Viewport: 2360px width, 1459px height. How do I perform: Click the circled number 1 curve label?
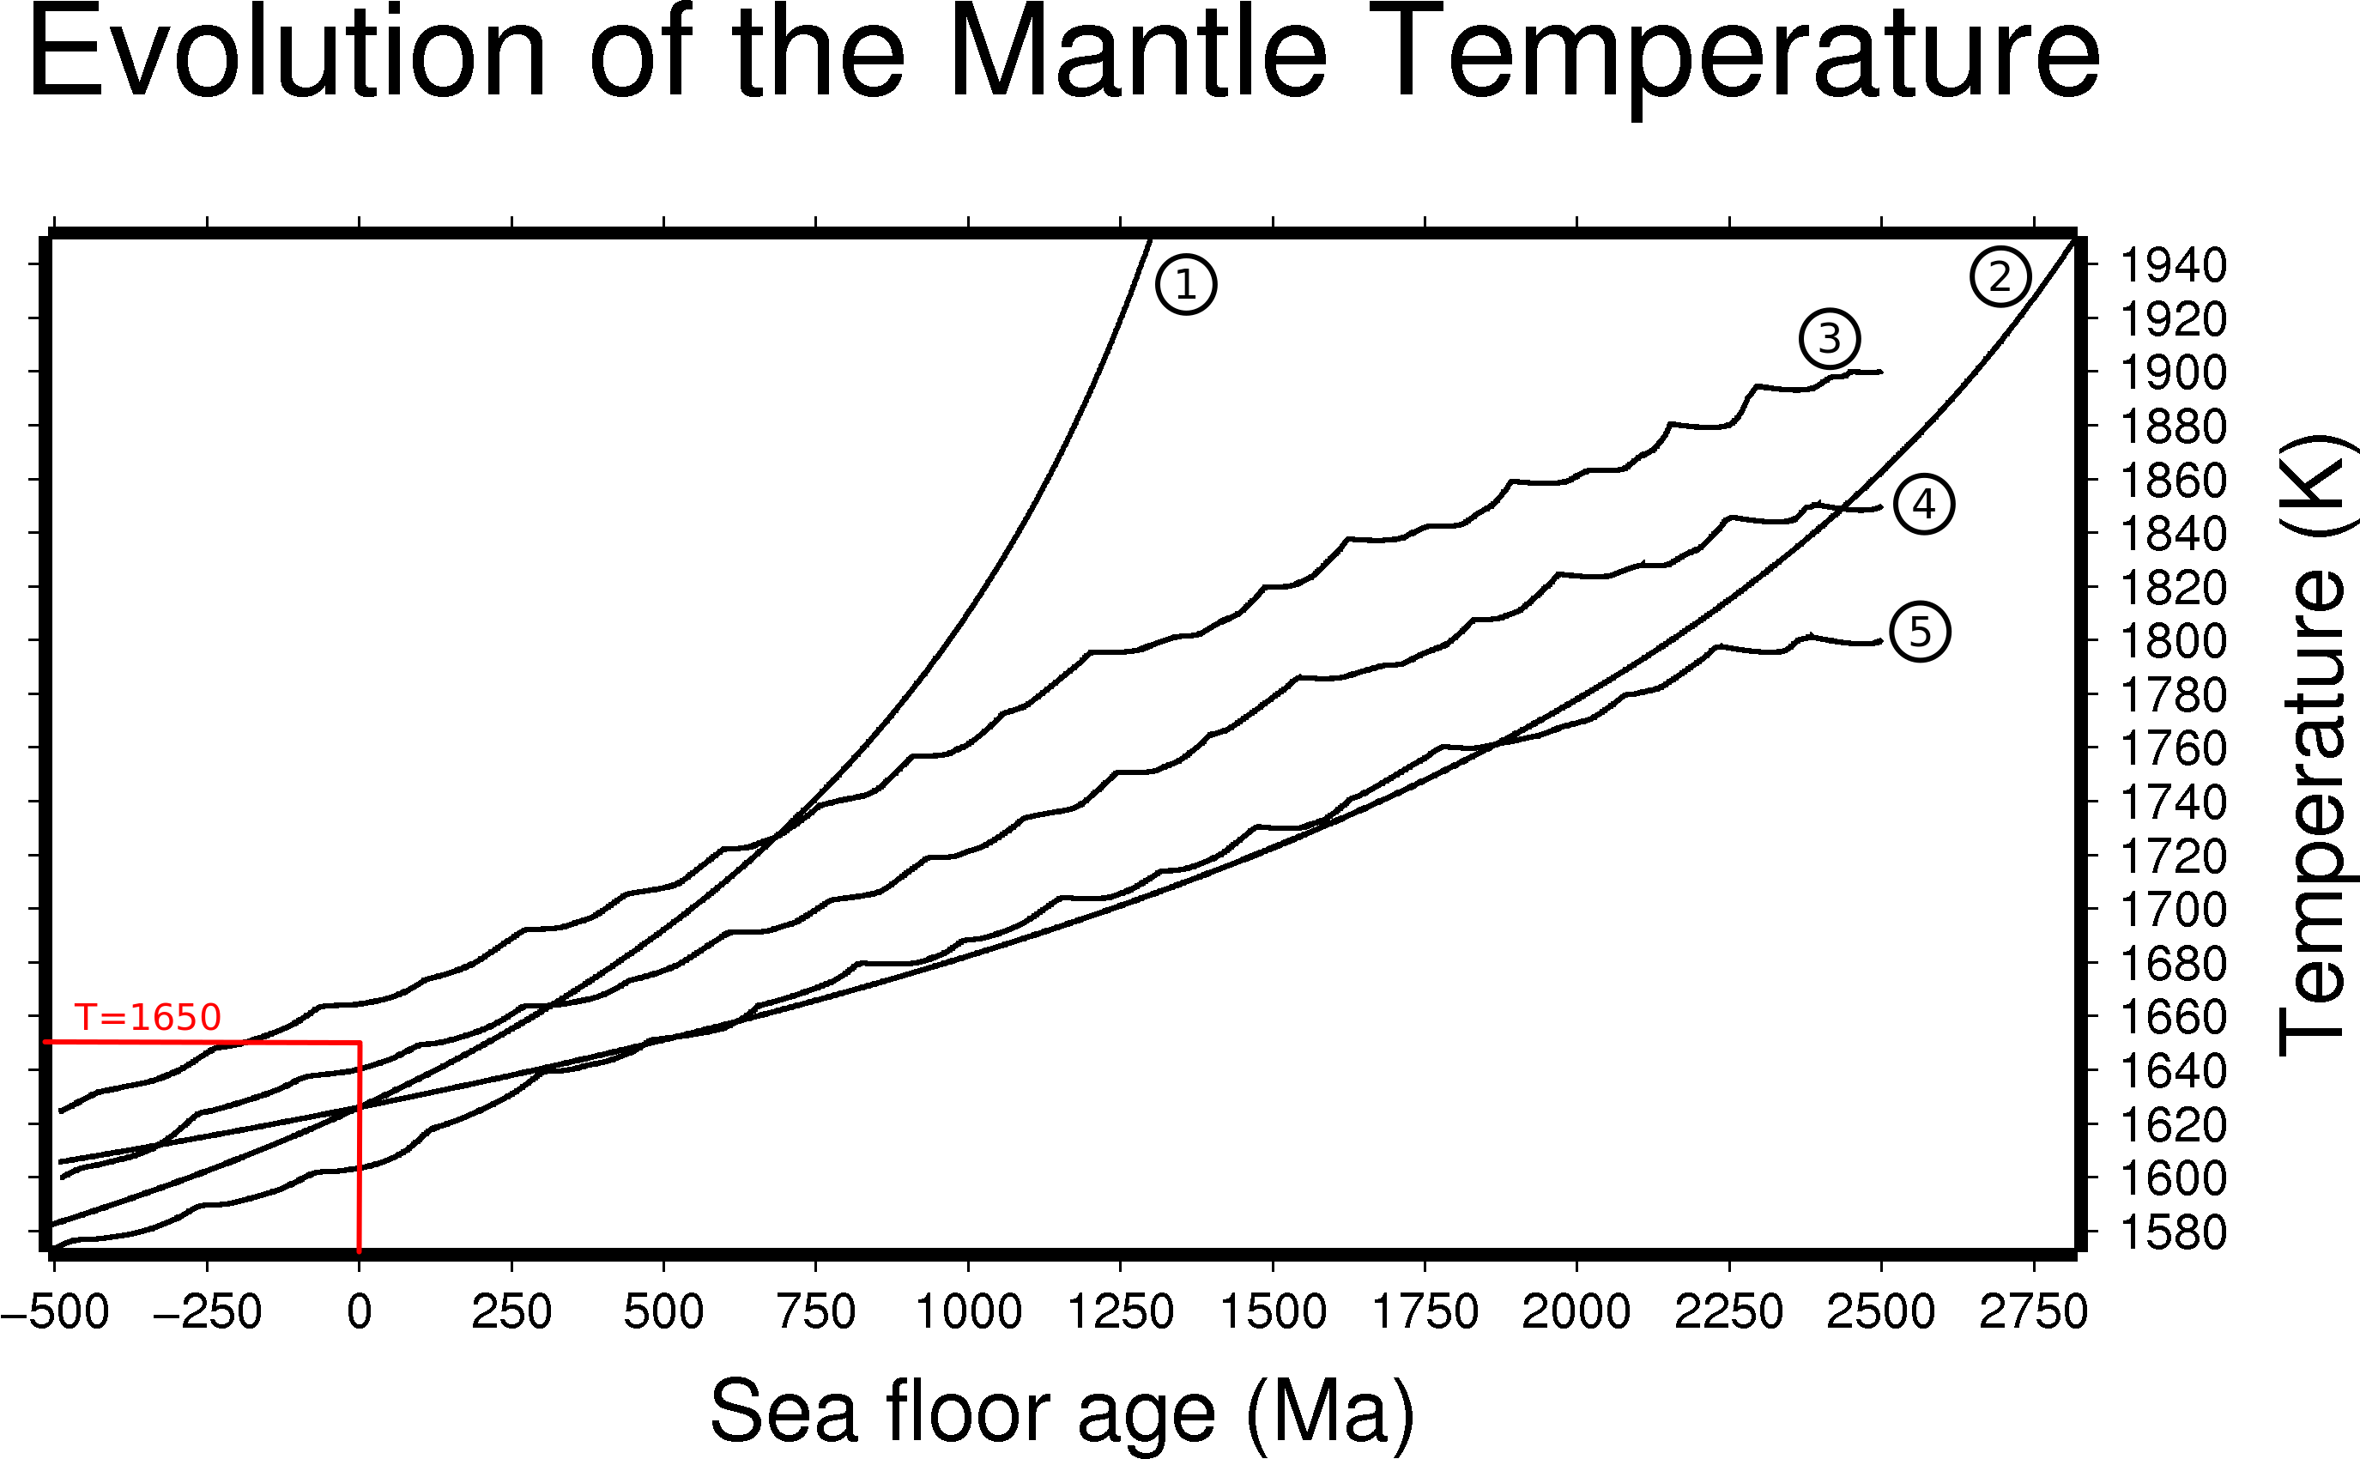[x=1186, y=285]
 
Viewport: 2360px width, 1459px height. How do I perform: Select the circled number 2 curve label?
[x=2000, y=277]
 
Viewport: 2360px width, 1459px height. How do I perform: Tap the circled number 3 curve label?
[x=1830, y=339]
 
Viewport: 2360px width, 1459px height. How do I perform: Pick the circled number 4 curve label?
[x=1924, y=505]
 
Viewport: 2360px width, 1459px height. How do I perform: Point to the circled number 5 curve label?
[x=1919, y=632]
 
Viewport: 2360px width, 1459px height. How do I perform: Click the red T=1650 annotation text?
[x=148, y=1017]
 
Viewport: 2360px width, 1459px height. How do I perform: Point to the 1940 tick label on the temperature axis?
[x=2173, y=265]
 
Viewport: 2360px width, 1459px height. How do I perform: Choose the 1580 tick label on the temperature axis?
[x=2173, y=1232]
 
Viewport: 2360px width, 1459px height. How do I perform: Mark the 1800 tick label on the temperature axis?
[x=2173, y=641]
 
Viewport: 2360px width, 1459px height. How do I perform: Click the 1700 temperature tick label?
[x=2173, y=910]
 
